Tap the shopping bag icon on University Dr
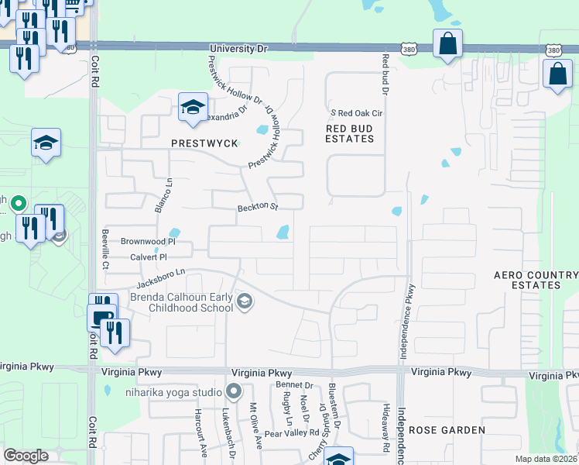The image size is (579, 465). [x=447, y=44]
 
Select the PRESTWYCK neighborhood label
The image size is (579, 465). [x=199, y=144]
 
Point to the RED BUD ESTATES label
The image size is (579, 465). [x=350, y=133]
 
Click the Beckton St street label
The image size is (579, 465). [x=257, y=207]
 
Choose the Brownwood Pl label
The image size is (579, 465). [x=144, y=242]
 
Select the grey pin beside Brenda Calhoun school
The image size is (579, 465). [x=245, y=301]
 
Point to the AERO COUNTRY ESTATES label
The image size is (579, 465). [x=536, y=280]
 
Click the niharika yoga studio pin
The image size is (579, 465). [x=233, y=391]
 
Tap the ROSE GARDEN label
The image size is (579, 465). [x=447, y=429]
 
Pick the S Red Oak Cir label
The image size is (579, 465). [x=358, y=113]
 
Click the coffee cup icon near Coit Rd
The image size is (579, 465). [x=101, y=317]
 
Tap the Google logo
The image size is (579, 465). [x=26, y=456]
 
